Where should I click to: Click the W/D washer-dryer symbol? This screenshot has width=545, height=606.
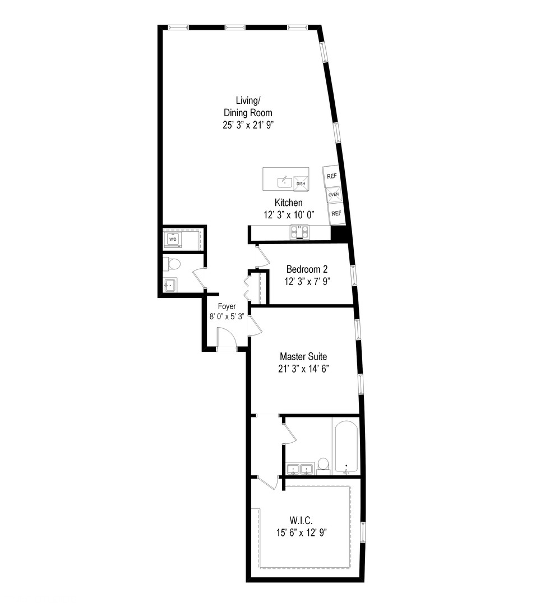[x=173, y=240]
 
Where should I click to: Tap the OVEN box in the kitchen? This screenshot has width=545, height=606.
[x=334, y=195]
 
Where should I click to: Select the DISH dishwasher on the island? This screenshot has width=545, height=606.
[x=301, y=183]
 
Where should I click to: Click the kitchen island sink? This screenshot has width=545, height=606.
[x=285, y=182]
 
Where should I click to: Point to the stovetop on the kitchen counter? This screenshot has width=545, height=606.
[x=300, y=232]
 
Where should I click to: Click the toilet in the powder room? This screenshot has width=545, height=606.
[x=172, y=264]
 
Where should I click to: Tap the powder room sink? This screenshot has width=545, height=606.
[x=170, y=285]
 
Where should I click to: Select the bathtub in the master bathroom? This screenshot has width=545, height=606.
[x=347, y=447]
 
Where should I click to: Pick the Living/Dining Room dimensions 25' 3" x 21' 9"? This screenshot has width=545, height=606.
[x=248, y=125]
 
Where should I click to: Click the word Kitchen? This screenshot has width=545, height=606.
[x=289, y=203]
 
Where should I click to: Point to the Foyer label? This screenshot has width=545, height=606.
[x=227, y=306]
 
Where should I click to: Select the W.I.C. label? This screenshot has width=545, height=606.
[x=301, y=520]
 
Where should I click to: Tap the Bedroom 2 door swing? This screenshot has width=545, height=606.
[x=261, y=256]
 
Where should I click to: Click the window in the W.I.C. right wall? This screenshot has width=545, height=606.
[x=363, y=532]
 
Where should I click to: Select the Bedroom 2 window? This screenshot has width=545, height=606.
[x=353, y=276]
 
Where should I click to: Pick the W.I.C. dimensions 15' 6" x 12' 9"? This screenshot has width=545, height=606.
[x=302, y=532]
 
